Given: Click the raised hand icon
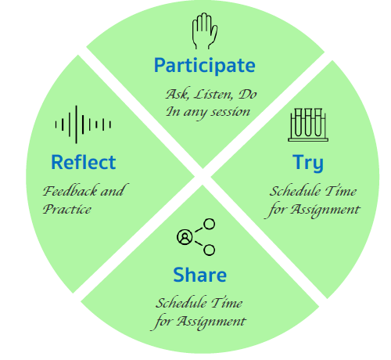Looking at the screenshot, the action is [x=205, y=31].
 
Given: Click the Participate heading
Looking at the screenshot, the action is [x=205, y=66].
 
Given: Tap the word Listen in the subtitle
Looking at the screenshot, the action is [x=213, y=95].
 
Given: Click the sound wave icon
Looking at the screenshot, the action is [x=83, y=124].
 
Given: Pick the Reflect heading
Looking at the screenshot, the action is [x=84, y=162].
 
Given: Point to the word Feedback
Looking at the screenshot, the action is [x=70, y=191].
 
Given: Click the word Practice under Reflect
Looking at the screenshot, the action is [x=67, y=209].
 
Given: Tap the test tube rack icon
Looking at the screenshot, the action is [x=308, y=125].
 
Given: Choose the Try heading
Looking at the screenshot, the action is [x=308, y=163].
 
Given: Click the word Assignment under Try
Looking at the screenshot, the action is [x=325, y=210].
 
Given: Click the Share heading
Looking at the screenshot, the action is [x=200, y=275].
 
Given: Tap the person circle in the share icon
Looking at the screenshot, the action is [x=185, y=237].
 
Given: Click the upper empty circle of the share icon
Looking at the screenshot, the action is [x=209, y=224].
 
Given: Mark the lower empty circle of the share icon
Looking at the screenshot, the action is [x=209, y=250].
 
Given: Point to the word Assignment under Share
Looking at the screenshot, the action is [x=211, y=322].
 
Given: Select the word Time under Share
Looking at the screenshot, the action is [x=227, y=303].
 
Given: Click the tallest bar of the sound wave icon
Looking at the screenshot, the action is [x=76, y=124].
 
